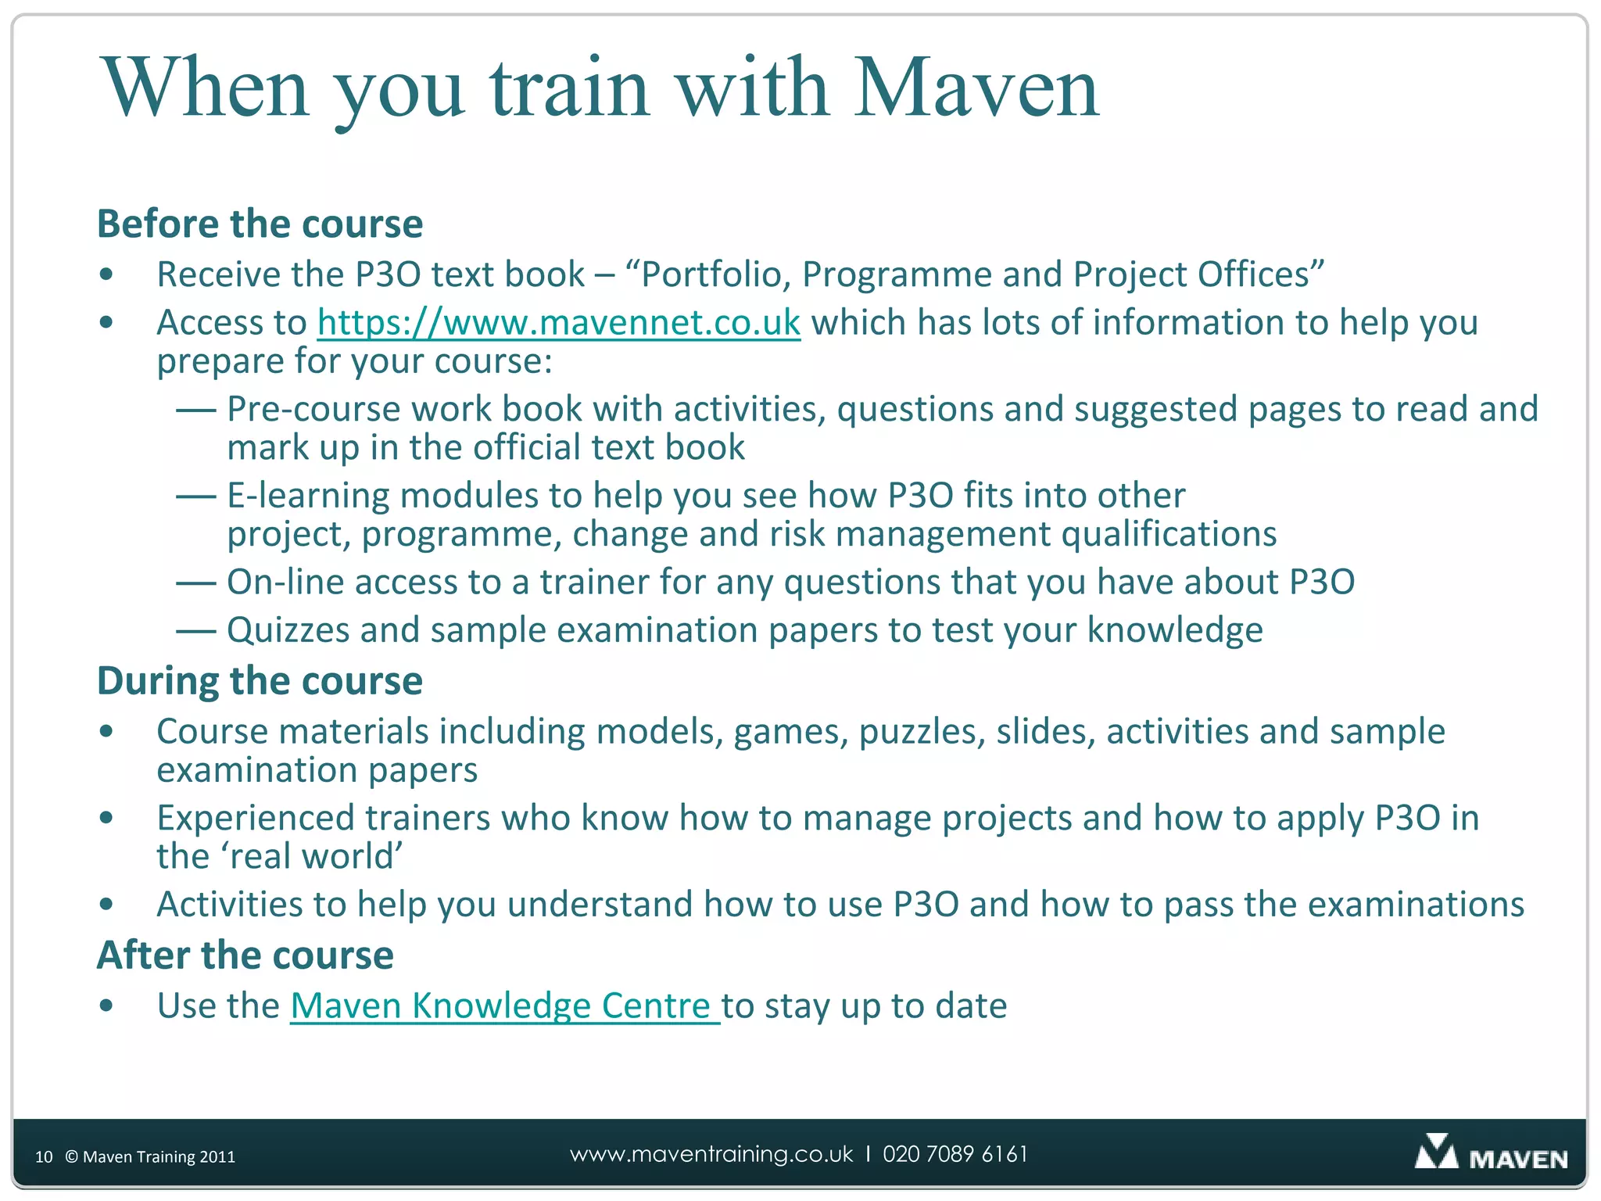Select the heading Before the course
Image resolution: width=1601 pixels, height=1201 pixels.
tap(260, 224)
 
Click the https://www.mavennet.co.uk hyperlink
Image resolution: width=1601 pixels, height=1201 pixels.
tap(559, 323)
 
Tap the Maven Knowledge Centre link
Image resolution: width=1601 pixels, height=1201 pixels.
tap(504, 1006)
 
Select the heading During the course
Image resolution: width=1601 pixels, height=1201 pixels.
tap(260, 681)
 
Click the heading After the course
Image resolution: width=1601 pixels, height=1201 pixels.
tap(245, 955)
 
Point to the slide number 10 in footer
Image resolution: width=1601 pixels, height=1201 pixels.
tap(44, 1156)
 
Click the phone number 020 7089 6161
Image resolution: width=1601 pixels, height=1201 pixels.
tap(955, 1154)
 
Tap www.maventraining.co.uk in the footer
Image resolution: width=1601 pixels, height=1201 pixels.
tap(711, 1154)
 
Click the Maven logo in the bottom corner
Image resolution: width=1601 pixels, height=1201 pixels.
tap(1490, 1154)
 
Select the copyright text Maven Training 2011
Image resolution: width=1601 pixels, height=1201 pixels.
tap(150, 1156)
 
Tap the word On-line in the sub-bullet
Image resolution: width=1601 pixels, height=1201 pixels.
tap(285, 583)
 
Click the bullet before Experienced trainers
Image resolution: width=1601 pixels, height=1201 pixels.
tap(107, 819)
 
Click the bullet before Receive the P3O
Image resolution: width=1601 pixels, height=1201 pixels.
tap(107, 275)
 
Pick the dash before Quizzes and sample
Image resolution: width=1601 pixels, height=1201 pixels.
tap(195, 630)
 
